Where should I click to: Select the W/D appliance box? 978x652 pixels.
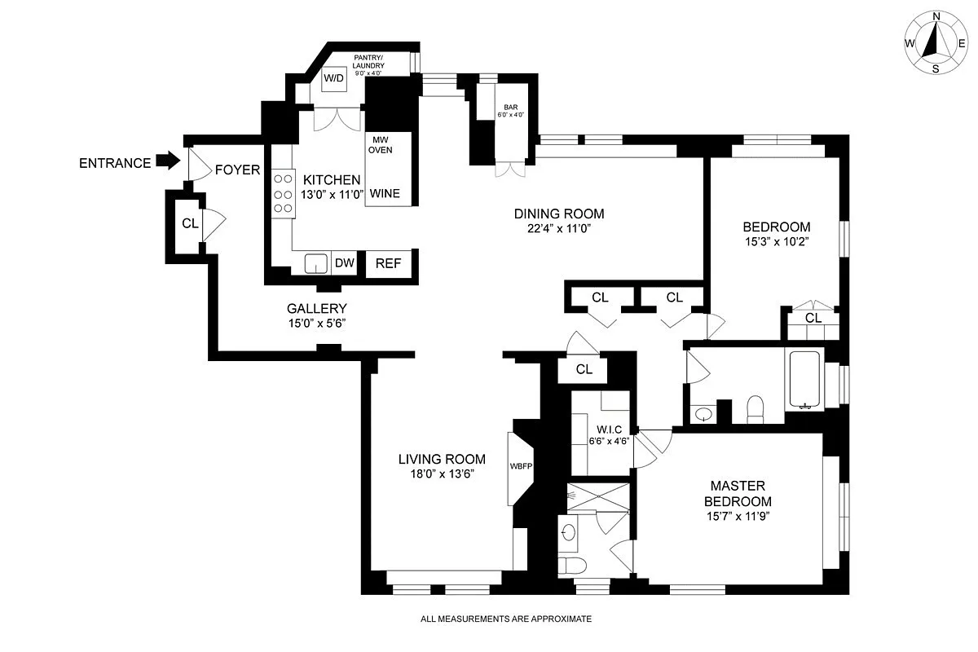pos(334,78)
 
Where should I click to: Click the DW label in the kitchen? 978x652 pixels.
pos(345,262)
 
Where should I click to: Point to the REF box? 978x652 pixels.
pos(388,263)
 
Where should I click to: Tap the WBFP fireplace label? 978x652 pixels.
pos(520,467)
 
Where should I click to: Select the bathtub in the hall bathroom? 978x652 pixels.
pos(804,380)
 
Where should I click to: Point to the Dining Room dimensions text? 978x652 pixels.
pos(558,229)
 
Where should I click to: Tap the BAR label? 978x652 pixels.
pos(511,108)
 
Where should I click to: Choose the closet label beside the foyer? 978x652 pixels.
pos(189,223)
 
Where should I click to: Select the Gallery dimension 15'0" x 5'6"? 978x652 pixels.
pos(317,324)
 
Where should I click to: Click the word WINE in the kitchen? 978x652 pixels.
pos(385,194)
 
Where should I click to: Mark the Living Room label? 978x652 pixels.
pos(442,459)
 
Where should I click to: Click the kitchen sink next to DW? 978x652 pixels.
pos(315,262)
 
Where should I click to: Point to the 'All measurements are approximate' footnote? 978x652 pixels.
pos(505,619)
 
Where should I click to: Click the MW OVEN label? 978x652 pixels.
pos(380,144)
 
